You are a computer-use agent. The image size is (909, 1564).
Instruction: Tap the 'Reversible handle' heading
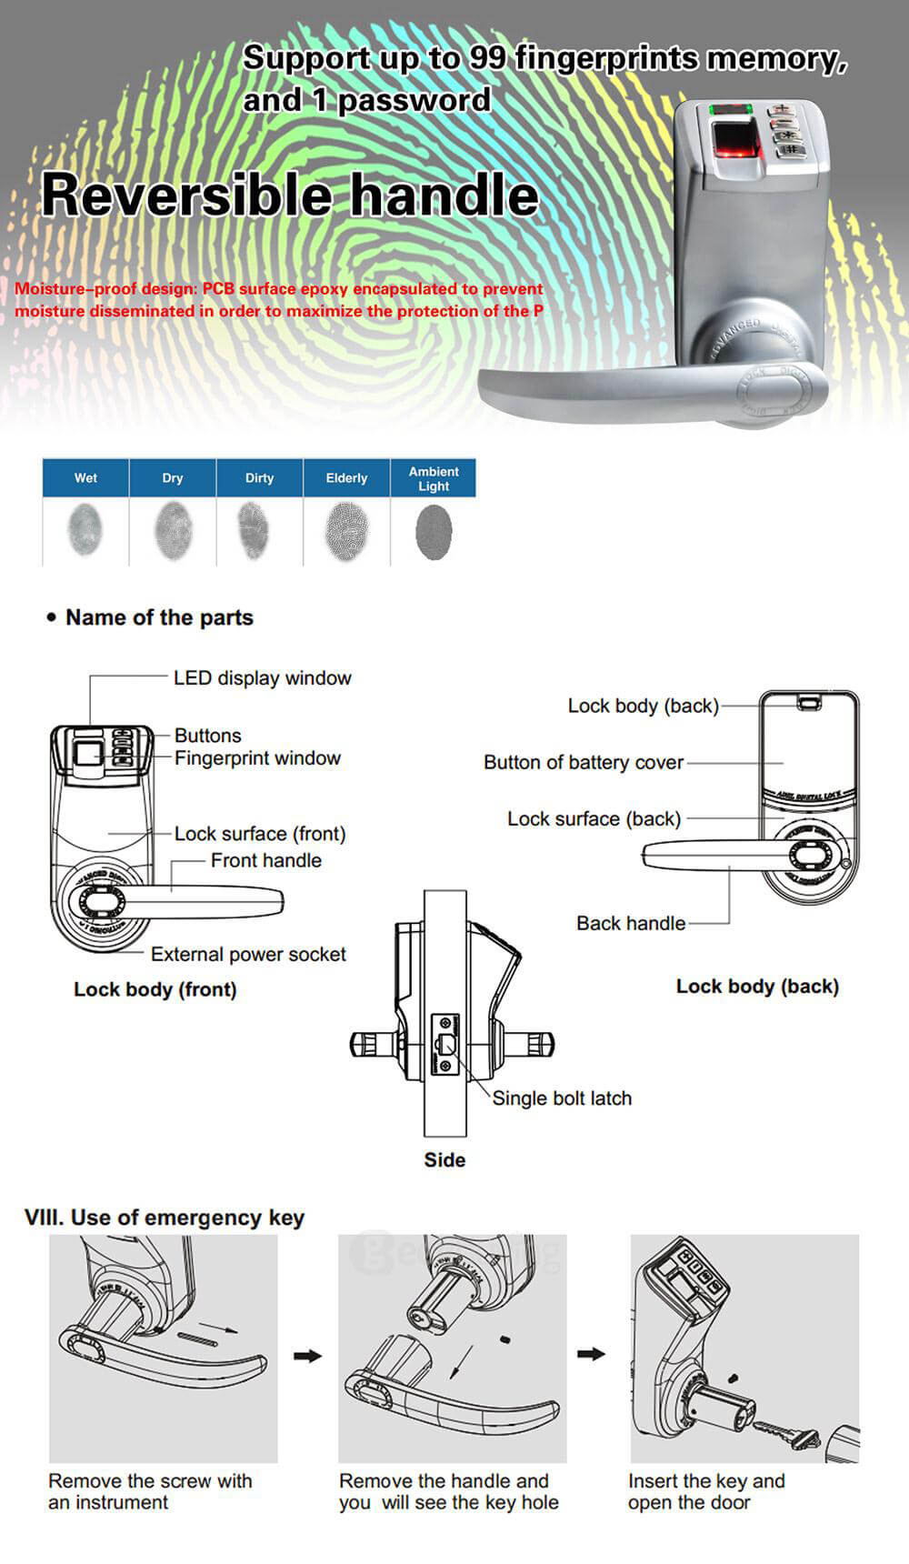[290, 195]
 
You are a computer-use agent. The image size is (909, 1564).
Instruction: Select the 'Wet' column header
[85, 478]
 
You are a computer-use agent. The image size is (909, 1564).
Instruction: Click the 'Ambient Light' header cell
[434, 478]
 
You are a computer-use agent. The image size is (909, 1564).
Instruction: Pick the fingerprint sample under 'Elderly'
[346, 532]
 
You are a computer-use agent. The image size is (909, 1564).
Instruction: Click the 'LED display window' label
[262, 678]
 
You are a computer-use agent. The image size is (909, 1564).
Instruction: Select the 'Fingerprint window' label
[257, 758]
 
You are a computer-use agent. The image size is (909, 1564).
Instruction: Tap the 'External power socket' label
[248, 954]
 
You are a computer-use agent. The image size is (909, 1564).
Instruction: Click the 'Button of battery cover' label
[583, 762]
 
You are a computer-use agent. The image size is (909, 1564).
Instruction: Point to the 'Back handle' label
[631, 923]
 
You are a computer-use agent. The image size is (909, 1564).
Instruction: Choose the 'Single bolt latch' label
[562, 1098]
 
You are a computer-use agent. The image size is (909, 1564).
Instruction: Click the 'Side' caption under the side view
[445, 1159]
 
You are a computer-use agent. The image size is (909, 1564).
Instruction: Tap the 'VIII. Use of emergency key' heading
[165, 1218]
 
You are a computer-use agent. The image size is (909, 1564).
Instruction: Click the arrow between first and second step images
[308, 1356]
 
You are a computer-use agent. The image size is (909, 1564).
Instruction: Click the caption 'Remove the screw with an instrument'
[150, 1491]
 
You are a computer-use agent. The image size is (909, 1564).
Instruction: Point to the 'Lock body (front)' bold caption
[155, 989]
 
